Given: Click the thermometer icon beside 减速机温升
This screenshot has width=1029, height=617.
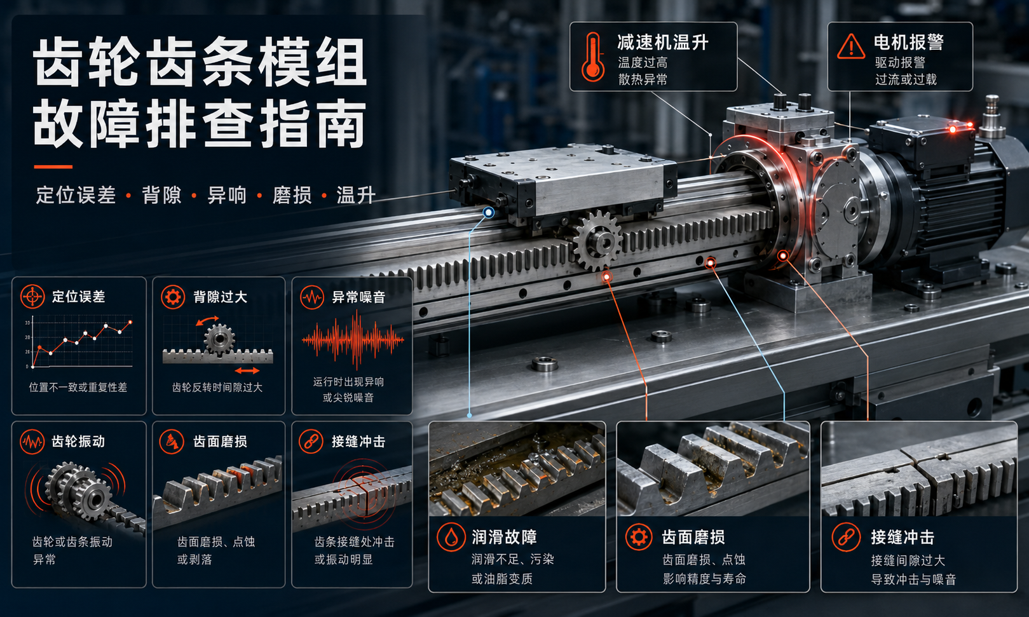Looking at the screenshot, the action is [592, 57].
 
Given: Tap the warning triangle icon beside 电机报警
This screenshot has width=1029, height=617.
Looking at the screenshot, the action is [851, 47].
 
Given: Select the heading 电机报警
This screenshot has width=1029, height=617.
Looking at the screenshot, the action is [909, 43].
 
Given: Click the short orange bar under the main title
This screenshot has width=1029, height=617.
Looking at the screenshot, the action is [53, 166].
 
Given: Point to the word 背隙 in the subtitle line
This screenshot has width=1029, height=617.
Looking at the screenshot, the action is [161, 195].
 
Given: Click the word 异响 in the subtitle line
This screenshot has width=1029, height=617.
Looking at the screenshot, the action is [227, 195].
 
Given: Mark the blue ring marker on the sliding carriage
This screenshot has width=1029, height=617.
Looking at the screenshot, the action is [488, 212].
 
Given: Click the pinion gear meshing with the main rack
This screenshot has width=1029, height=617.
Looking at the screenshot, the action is [598, 240].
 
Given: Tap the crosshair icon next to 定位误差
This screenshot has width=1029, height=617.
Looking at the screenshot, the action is [32, 296].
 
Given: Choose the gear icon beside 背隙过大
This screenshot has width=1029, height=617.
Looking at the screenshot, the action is [173, 296].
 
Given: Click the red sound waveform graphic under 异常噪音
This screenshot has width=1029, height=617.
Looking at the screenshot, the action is [353, 340].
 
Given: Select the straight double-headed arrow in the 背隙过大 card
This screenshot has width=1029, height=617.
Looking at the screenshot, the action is [247, 370].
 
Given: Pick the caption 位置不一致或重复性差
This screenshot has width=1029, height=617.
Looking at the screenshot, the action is [78, 387].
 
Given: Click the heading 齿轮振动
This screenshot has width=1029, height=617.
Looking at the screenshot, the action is [78, 442].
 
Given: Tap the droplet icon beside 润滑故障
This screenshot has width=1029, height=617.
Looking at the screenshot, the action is [451, 537].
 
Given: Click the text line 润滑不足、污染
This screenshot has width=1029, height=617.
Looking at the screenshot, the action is [513, 559].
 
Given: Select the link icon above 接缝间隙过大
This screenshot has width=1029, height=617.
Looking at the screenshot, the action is [846, 537].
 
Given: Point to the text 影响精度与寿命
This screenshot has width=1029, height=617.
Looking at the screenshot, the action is [704, 578].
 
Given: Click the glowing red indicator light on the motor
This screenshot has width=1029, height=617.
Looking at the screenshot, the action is [953, 130].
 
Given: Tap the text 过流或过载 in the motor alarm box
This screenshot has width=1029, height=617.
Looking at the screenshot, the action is [906, 79].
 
